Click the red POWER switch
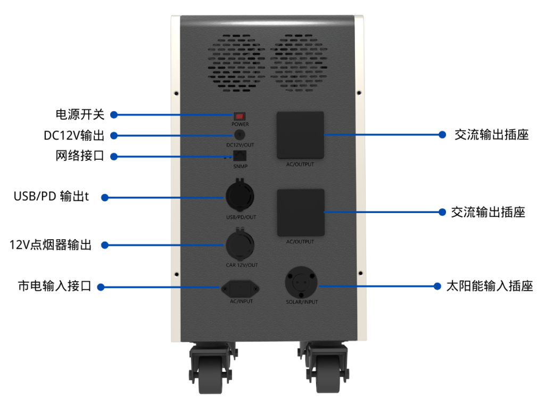(x=240, y=116)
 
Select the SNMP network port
(x=241, y=156)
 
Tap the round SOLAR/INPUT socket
(x=301, y=283)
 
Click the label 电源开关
(x=80, y=115)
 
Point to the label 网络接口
(x=80, y=156)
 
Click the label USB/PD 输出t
(x=51, y=197)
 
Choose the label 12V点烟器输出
(x=51, y=245)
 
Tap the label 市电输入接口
(x=54, y=287)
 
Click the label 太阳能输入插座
(x=489, y=286)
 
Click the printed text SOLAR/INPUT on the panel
(x=301, y=302)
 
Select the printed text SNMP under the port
(x=240, y=167)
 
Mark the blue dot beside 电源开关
(x=113, y=115)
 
